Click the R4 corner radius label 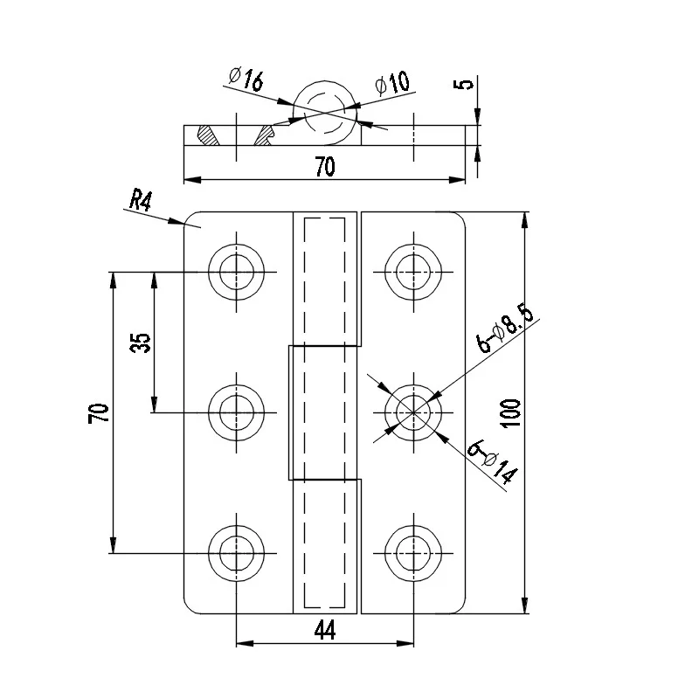[x=140, y=201]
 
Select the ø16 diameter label [x=246, y=80]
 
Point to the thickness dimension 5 [x=466, y=85]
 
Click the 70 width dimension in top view [x=324, y=169]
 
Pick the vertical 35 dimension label [x=140, y=343]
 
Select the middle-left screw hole [x=237, y=412]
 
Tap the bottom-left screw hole [x=237, y=552]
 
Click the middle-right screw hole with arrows [x=412, y=412]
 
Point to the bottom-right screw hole [x=412, y=552]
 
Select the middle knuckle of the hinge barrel [x=324, y=412]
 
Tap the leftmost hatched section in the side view [x=207, y=136]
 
